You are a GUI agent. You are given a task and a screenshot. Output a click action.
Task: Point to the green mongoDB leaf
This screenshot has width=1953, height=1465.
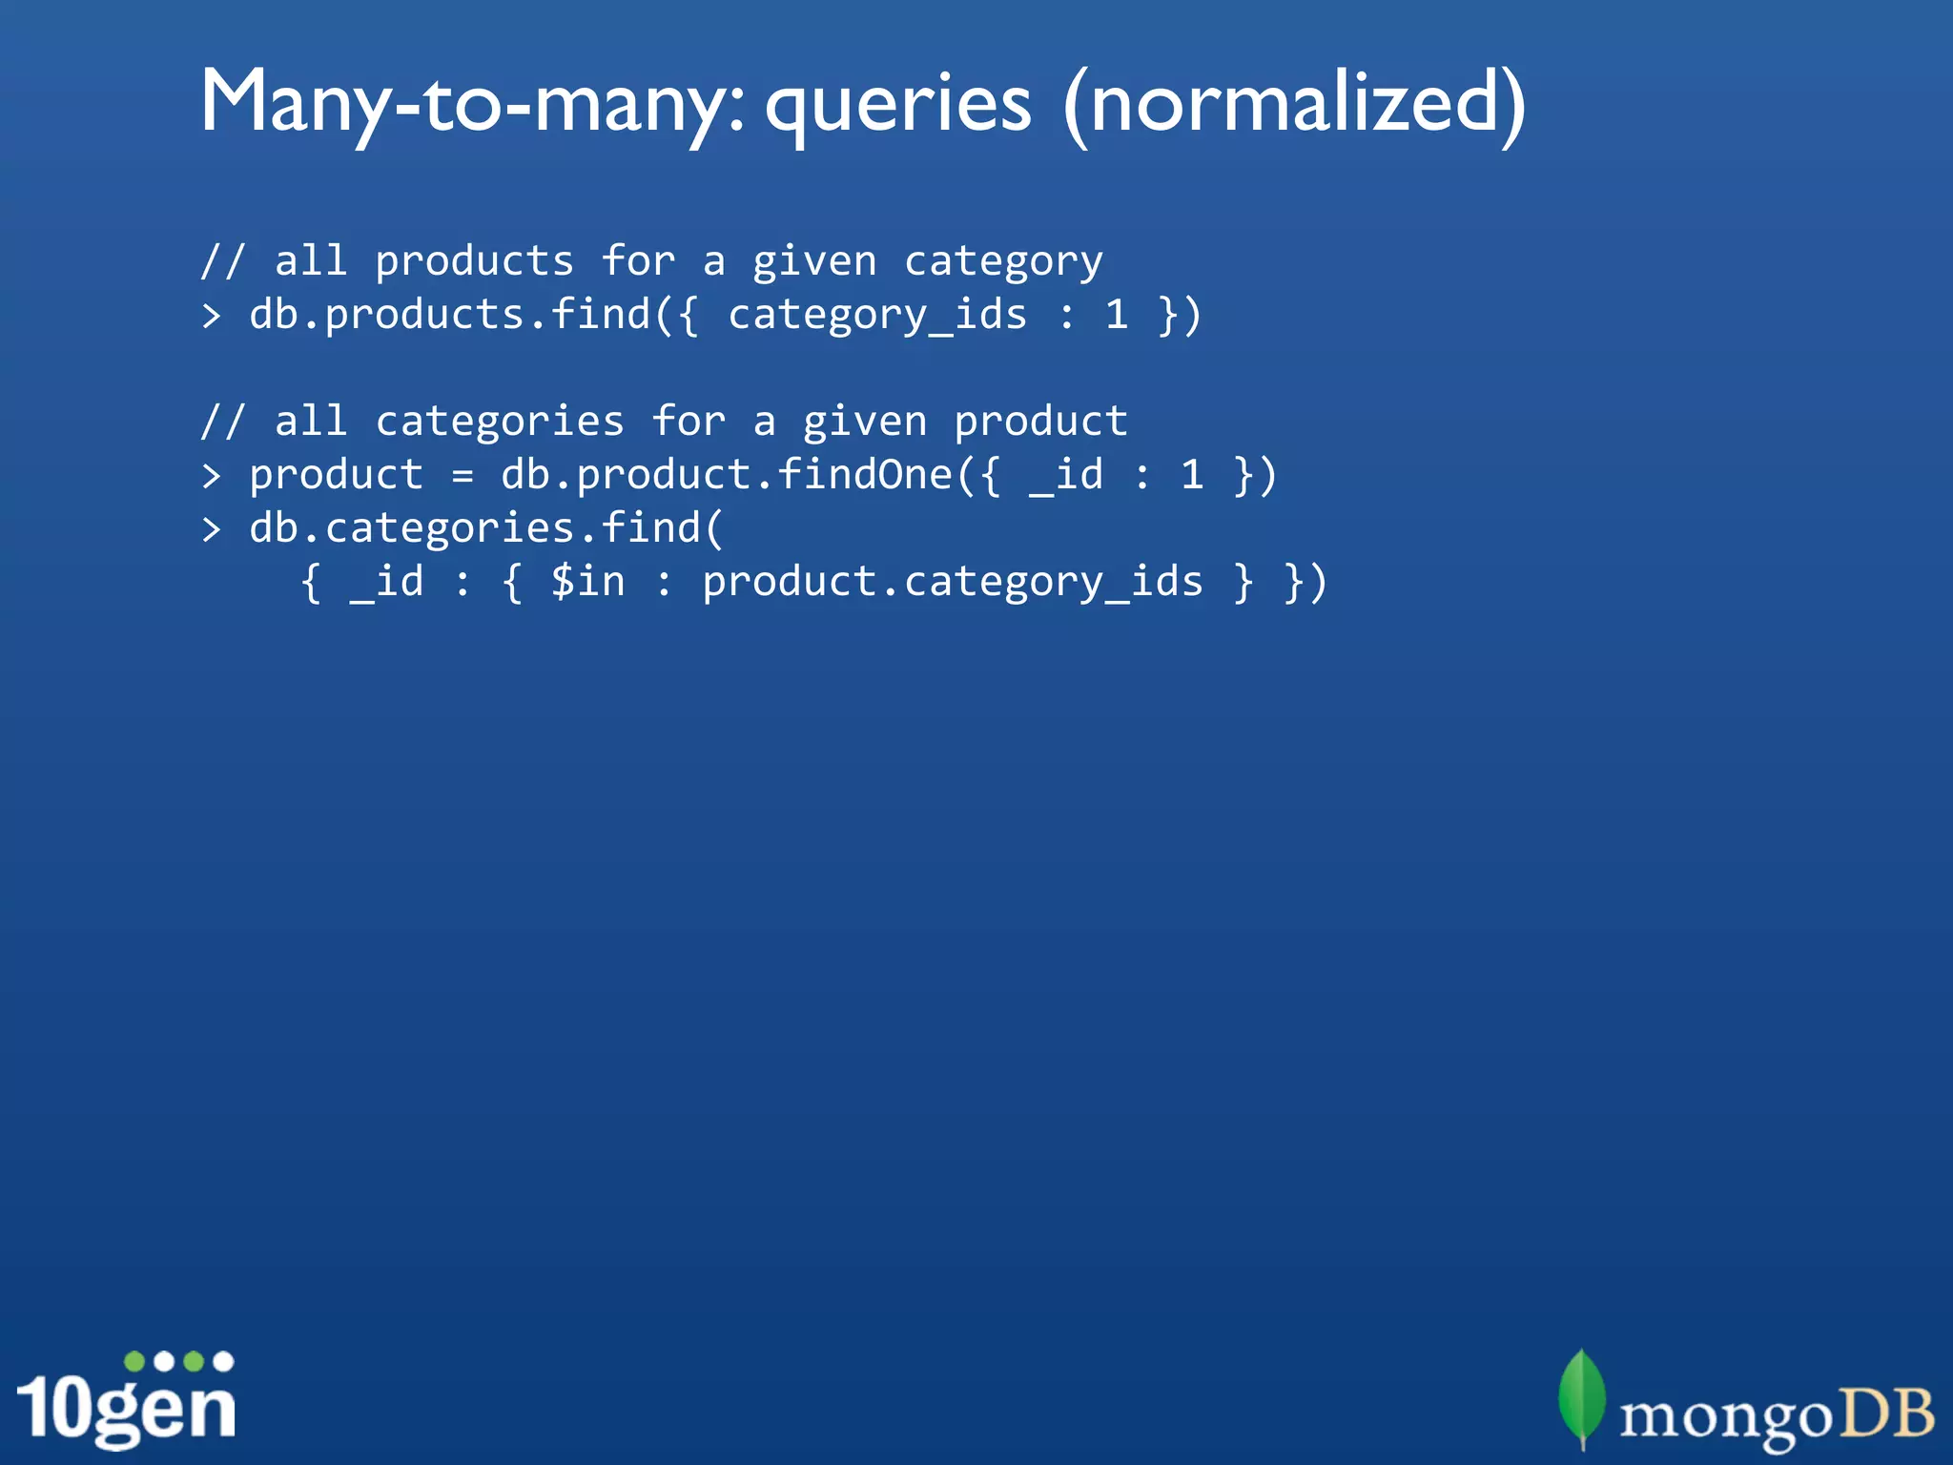1582,1398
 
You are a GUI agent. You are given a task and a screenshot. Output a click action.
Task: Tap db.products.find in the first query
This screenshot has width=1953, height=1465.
449,315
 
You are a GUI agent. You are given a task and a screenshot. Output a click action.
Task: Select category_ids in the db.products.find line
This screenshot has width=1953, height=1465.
877,315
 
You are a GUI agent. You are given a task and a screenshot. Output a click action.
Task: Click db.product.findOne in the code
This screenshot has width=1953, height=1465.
727,475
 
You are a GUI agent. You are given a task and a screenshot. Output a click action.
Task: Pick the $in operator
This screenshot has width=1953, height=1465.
587,582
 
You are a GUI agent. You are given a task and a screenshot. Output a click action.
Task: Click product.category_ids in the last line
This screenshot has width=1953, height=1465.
952,582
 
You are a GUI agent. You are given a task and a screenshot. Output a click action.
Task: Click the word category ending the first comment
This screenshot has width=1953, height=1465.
1003,262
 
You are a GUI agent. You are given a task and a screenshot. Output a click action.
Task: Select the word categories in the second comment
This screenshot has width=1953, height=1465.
500,422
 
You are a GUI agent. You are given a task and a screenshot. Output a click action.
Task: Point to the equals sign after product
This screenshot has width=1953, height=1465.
463,475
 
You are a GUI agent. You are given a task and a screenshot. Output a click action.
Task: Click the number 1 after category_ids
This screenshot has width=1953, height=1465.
1116,315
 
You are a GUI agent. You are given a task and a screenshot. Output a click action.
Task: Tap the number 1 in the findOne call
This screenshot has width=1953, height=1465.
1191,475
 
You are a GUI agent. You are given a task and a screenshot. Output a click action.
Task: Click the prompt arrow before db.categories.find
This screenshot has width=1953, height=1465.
212,528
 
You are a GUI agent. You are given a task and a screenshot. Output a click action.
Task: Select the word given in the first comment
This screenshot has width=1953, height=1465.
813,262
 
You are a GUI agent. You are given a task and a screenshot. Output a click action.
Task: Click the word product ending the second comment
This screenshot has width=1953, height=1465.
1040,422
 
